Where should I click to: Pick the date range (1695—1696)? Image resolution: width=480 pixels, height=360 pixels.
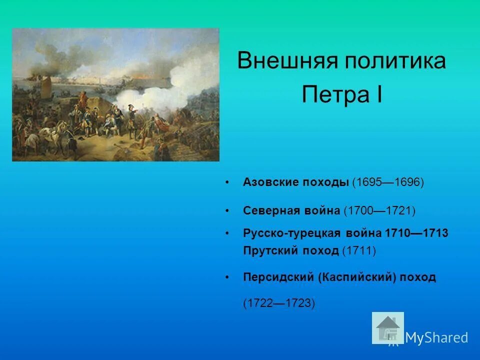coord(388,182)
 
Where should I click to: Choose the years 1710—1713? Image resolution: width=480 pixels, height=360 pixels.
coord(416,233)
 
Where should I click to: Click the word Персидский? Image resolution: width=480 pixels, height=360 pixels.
coord(278,277)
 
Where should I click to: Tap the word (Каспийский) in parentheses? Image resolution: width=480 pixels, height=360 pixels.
coord(356,277)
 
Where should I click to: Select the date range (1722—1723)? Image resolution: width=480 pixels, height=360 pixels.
coord(279,303)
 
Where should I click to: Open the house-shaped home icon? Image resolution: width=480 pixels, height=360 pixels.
coord(388,328)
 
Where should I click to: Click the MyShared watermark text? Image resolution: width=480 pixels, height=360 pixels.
coord(436,337)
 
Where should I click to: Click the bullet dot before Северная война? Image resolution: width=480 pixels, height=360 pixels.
coord(228,211)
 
